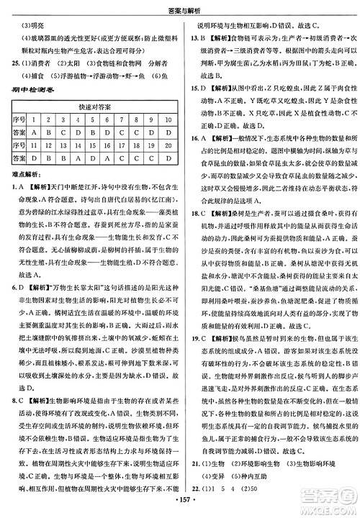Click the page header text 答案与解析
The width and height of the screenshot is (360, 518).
[x=180, y=8]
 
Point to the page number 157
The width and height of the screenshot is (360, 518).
[x=180, y=499]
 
